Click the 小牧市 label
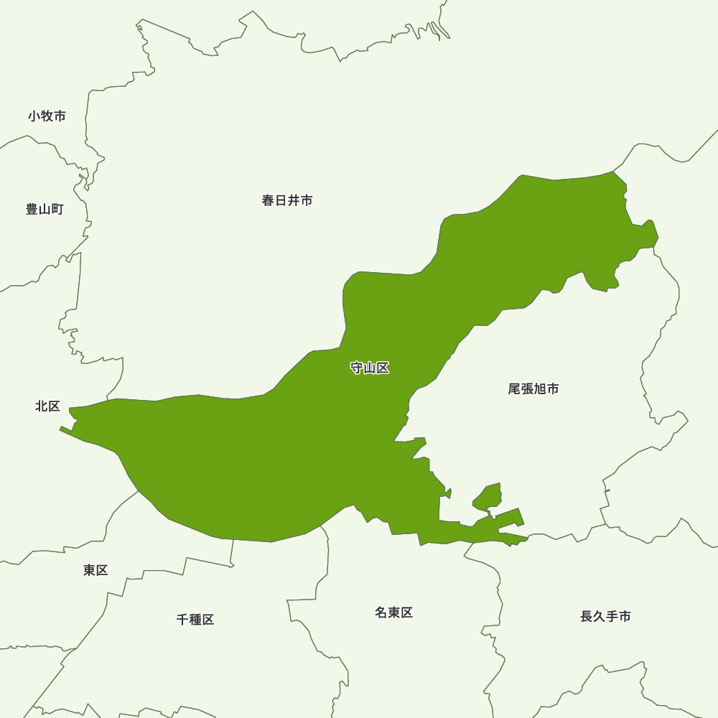[47, 116]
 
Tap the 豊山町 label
[45, 209]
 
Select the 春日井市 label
[287, 200]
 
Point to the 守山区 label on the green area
[370, 368]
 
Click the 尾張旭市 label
[533, 388]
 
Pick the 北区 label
[47, 406]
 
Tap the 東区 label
[95, 570]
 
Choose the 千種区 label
[195, 619]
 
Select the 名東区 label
[393, 612]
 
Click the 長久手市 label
[605, 616]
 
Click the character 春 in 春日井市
[269, 200]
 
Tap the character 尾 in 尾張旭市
[515, 388]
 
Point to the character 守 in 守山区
[357, 368]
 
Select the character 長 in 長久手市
[587, 616]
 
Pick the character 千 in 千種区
[182, 619]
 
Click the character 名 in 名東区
[381, 612]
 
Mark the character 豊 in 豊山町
[32, 209]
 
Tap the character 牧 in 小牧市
[47, 116]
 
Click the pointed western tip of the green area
[61, 429]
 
